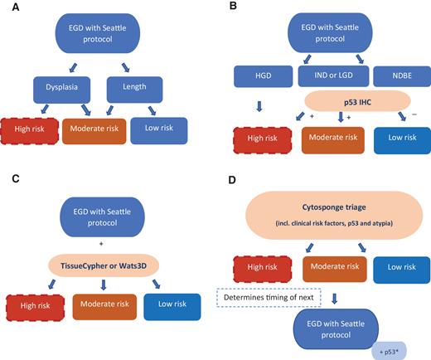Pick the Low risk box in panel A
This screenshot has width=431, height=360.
pos(159,132)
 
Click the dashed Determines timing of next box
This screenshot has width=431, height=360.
pos(264,299)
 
